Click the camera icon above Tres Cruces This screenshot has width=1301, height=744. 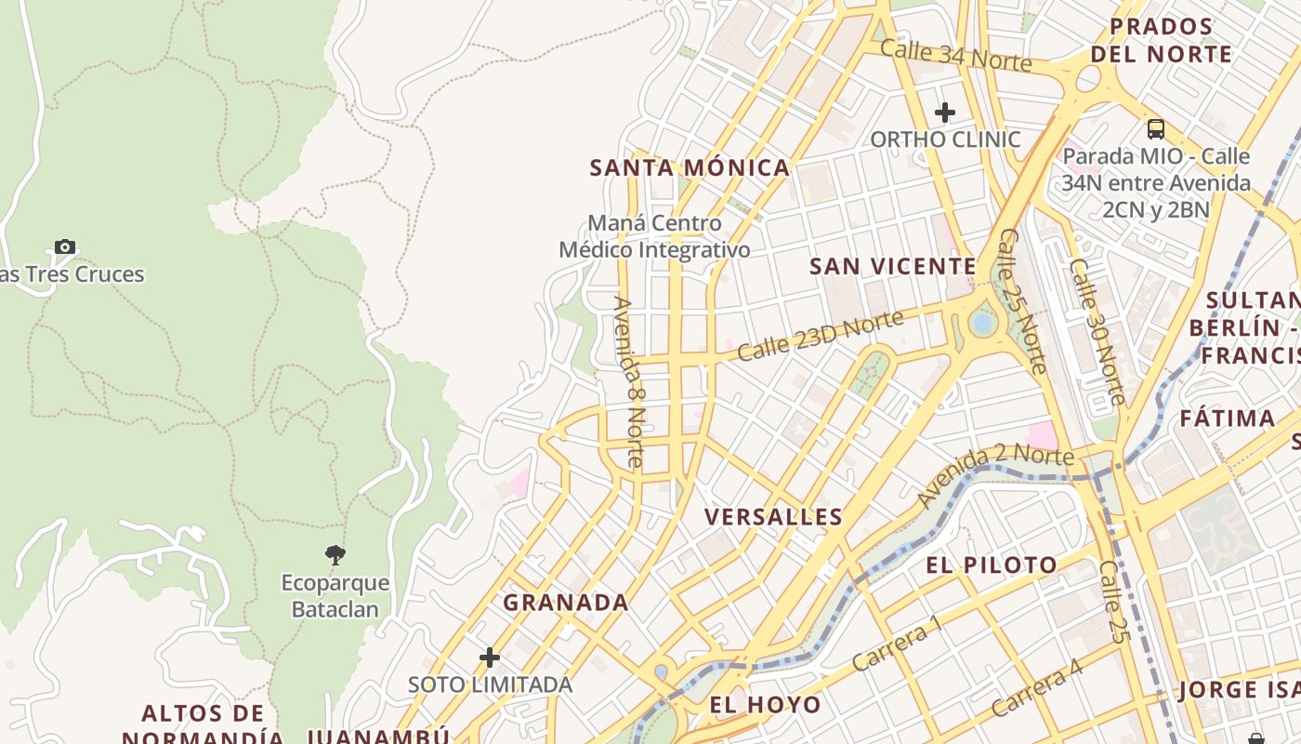point(64,246)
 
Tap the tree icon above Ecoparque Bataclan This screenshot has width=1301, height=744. point(335,556)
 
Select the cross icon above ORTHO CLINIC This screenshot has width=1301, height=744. point(945,113)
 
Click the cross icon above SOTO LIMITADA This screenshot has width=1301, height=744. point(490,658)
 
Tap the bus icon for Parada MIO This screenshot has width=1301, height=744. point(1156,129)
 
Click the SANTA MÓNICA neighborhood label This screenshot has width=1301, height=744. point(690,168)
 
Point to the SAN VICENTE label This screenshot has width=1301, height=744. point(892,267)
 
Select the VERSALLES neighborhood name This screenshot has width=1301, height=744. point(773,517)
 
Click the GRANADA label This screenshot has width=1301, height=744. point(566,603)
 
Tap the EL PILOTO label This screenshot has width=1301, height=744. point(991,565)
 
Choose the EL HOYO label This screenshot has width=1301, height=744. point(765,705)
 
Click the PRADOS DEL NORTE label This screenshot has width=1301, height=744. point(1161,40)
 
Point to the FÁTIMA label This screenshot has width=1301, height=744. point(1227,418)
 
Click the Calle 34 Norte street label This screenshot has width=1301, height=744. point(955,56)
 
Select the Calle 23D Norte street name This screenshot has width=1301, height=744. point(820,336)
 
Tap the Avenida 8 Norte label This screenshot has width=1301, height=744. point(628,381)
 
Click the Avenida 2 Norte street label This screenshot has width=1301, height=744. point(994,474)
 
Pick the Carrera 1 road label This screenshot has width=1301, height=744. point(897,644)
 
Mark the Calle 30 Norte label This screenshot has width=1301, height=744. point(1097,331)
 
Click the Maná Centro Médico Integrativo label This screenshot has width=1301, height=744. point(654,236)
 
